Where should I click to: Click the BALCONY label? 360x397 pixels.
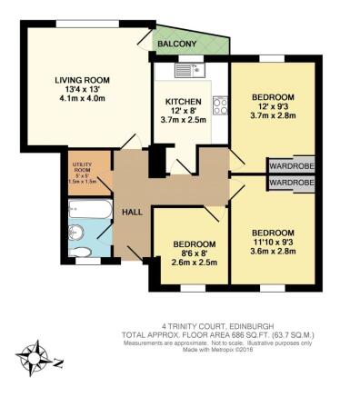(x=176, y=45)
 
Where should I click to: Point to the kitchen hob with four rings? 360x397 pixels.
(x=219, y=105)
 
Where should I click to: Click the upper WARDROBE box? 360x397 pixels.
(x=291, y=166)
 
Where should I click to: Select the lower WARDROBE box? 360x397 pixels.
(x=291, y=183)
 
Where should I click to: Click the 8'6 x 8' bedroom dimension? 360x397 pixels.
(x=195, y=255)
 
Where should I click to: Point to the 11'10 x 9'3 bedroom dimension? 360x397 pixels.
(x=273, y=241)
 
